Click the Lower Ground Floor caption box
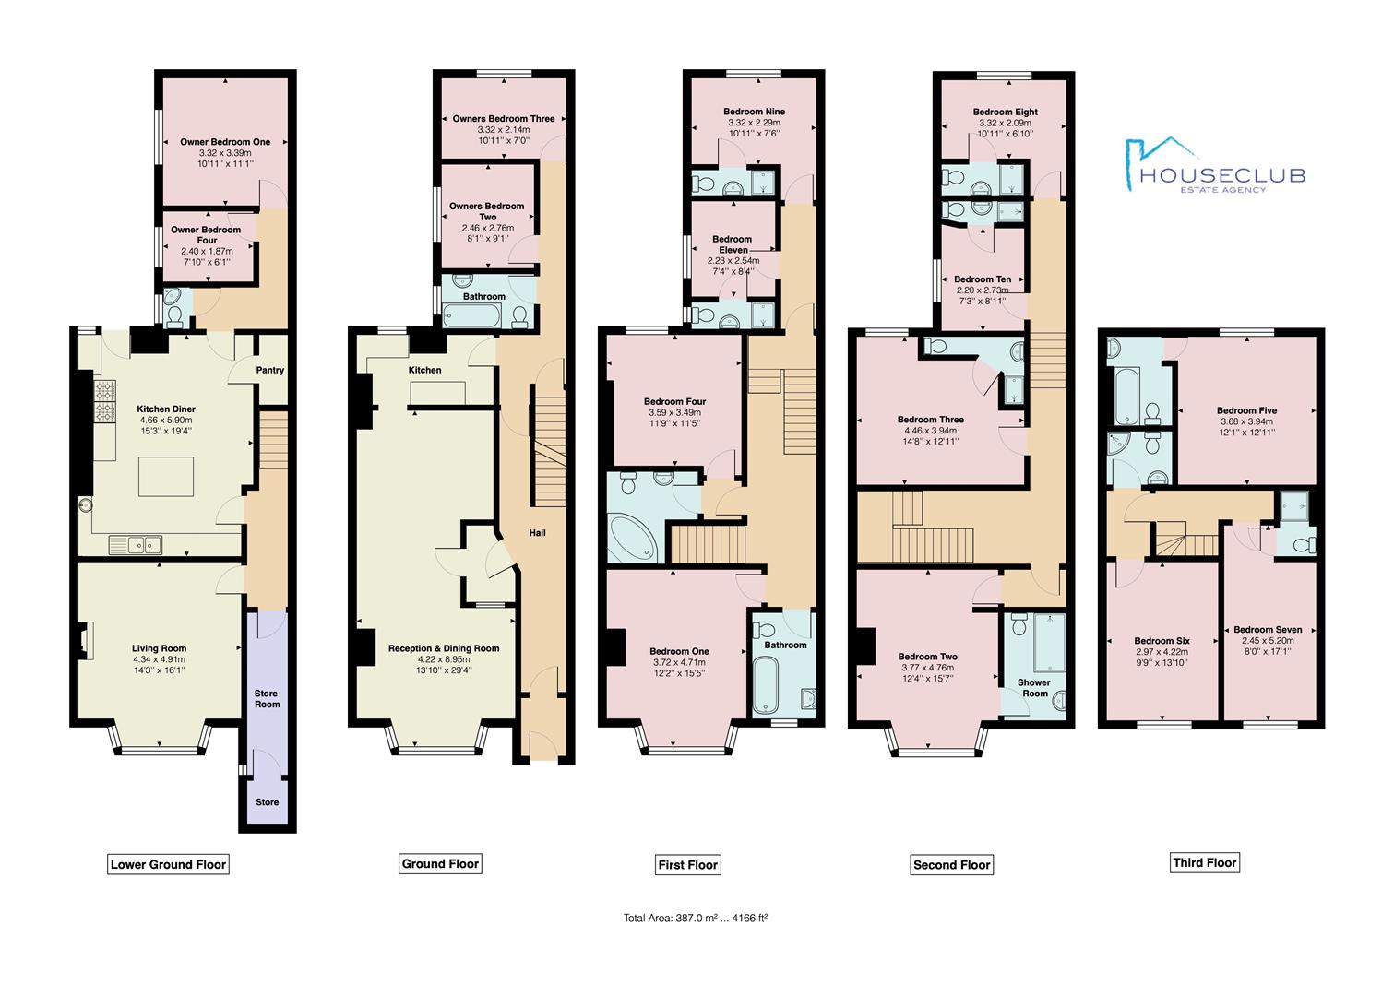[168, 864]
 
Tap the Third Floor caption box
[1204, 862]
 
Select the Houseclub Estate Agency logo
[1213, 166]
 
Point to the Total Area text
[696, 918]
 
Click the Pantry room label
[270, 370]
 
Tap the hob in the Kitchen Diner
[102, 399]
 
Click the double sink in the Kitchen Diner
[135, 544]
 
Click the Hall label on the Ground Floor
[537, 533]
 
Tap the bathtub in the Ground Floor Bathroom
[471, 316]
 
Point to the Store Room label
[268, 699]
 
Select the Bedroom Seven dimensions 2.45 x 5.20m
[1267, 641]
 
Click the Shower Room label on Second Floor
[1034, 688]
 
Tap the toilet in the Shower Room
[1019, 626]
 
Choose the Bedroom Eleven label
[732, 244]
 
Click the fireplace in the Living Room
[85, 641]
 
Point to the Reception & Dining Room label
[444, 648]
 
